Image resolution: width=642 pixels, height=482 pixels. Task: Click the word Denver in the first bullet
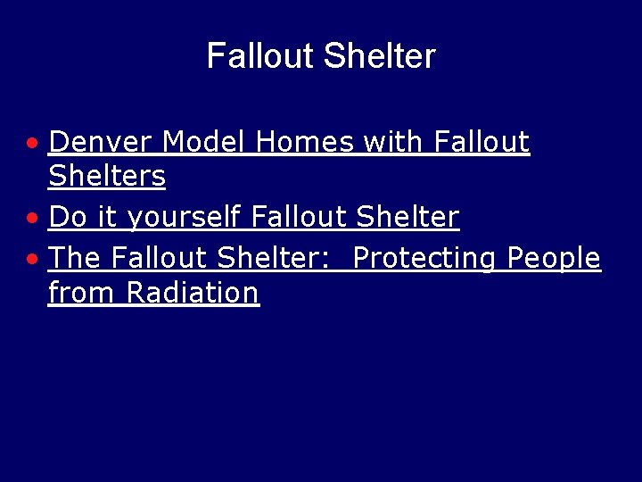pyautogui.click(x=101, y=142)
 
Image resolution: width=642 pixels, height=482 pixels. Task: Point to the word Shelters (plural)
pyautogui.click(x=107, y=177)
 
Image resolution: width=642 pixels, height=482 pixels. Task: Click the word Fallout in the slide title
pyautogui.click(x=261, y=56)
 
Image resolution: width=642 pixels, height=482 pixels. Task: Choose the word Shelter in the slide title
pyautogui.click(x=380, y=56)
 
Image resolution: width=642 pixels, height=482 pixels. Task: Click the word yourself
pyautogui.click(x=185, y=217)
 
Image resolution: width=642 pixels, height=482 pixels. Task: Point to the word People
pyautogui.click(x=554, y=258)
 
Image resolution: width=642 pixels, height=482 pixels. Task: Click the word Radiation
pyautogui.click(x=193, y=293)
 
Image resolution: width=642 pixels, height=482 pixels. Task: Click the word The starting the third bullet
pyautogui.click(x=75, y=258)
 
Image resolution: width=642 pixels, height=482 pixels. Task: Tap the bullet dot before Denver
pyautogui.click(x=32, y=143)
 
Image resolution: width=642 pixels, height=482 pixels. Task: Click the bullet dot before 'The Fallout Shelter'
pyautogui.click(x=32, y=259)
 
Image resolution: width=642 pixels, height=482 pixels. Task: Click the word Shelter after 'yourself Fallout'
pyautogui.click(x=407, y=217)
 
